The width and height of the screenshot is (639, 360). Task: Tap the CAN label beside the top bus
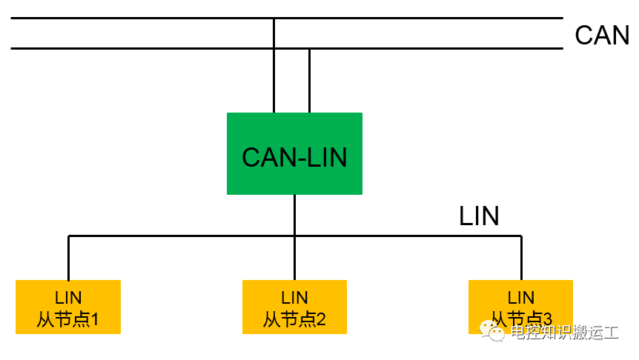click(601, 35)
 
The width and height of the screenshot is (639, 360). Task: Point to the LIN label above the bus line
click(479, 216)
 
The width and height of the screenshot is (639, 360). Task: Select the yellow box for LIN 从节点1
click(68, 306)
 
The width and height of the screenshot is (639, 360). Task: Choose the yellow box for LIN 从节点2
click(294, 306)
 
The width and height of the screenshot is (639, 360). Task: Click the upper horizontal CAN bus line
click(148, 18)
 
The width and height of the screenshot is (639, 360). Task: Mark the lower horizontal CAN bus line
click(148, 49)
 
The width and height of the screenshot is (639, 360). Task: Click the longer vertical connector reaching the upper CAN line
click(274, 74)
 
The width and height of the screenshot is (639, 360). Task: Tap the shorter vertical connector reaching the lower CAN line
click(309, 81)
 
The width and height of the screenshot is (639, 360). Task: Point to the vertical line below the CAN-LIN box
click(294, 215)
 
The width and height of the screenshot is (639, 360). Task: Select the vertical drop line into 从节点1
click(68, 258)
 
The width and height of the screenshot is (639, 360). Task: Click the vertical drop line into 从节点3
click(521, 258)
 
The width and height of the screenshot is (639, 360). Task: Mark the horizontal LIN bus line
click(185, 236)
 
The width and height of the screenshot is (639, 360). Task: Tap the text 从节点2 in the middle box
click(294, 319)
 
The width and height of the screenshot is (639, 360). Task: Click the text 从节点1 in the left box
click(68, 319)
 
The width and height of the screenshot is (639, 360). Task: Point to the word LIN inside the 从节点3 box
click(521, 298)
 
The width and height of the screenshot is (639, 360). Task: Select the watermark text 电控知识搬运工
click(564, 332)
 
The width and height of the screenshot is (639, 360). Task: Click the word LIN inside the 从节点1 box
click(68, 298)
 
